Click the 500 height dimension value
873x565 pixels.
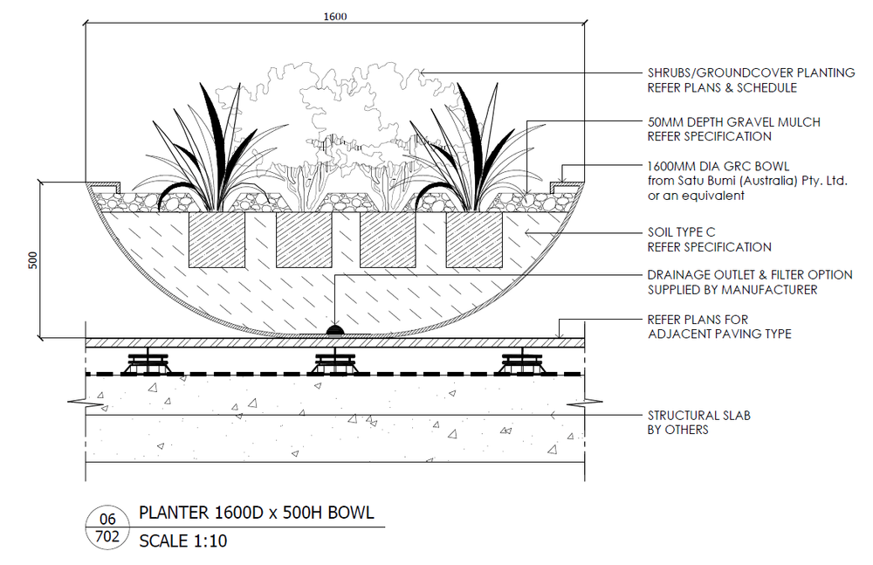(33, 259)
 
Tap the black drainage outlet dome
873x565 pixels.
(334, 329)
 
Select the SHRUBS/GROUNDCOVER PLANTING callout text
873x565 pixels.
(751, 72)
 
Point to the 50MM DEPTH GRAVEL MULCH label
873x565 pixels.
(733, 121)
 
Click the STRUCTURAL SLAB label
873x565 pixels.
(698, 415)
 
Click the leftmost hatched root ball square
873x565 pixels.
(218, 239)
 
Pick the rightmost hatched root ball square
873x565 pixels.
(474, 239)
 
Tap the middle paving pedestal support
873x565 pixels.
(334, 362)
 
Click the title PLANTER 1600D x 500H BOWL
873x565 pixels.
(257, 513)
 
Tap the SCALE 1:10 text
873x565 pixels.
(183, 541)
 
